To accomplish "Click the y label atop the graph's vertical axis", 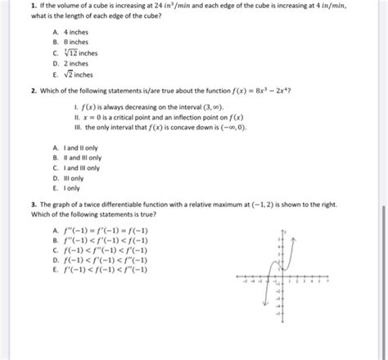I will tap(285, 232).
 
